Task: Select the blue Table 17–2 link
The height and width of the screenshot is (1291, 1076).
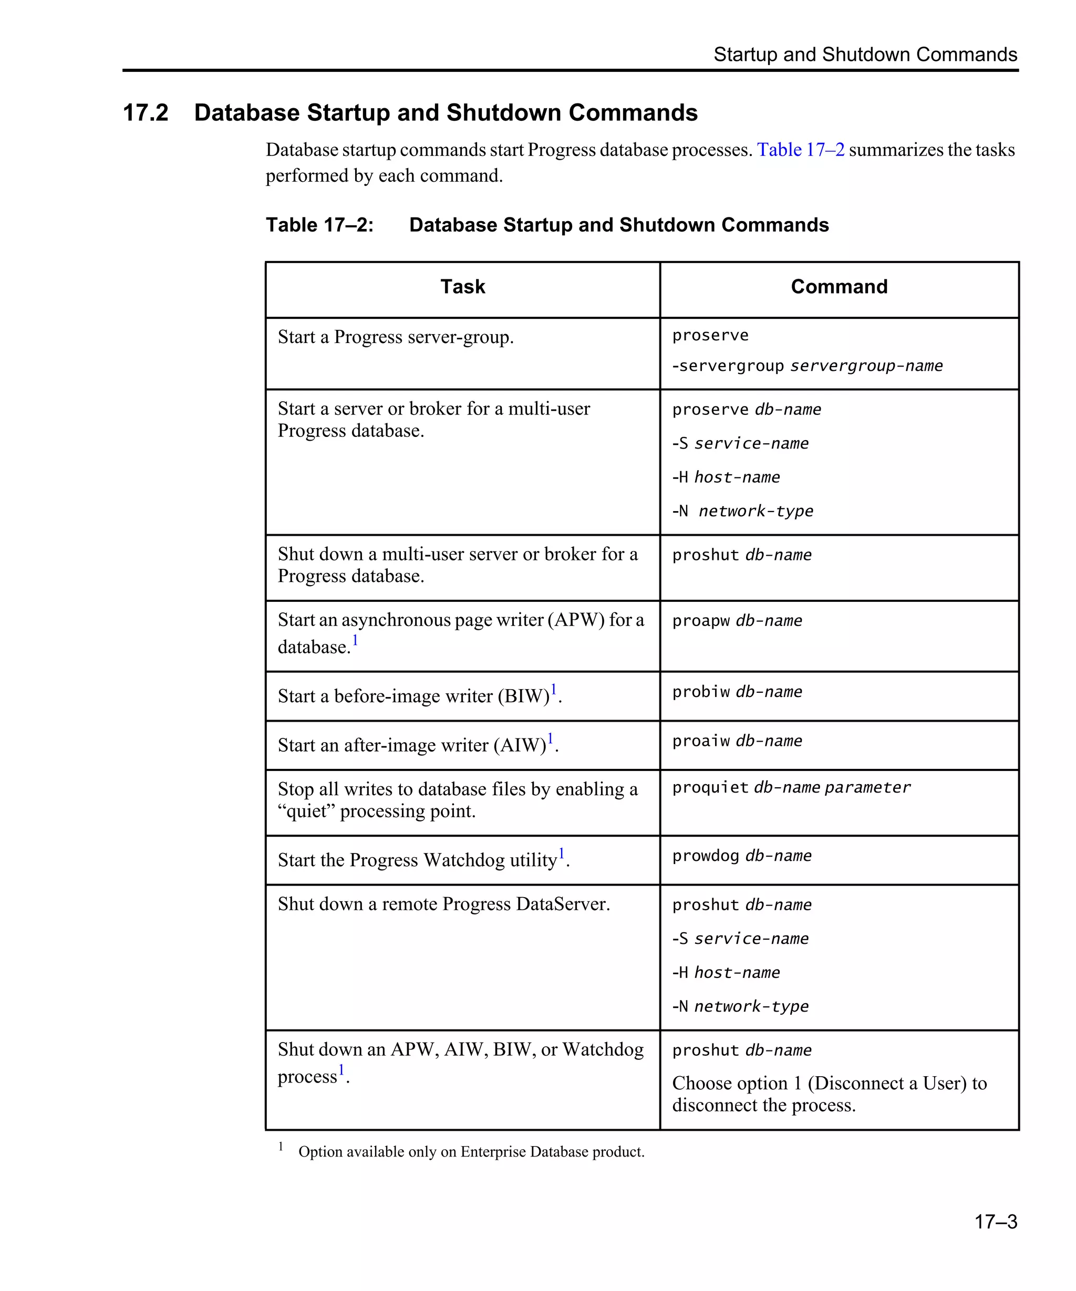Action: [800, 150]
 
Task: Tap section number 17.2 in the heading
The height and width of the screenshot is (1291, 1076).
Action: [146, 113]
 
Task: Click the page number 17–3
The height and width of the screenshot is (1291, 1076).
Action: [995, 1221]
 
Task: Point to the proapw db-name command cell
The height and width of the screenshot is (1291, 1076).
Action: [737, 621]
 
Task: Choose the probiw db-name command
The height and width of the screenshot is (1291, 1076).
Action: [737, 692]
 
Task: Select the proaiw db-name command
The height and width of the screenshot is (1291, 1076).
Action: [737, 742]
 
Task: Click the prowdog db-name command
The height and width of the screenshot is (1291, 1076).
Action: [741, 856]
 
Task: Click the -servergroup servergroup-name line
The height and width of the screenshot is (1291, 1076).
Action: [806, 367]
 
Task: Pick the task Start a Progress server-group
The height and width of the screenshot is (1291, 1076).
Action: [395, 338]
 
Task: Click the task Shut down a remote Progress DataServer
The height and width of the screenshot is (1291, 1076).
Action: [443, 904]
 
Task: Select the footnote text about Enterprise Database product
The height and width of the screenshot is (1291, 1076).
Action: [471, 1151]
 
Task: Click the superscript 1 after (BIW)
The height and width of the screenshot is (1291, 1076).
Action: [553, 689]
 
